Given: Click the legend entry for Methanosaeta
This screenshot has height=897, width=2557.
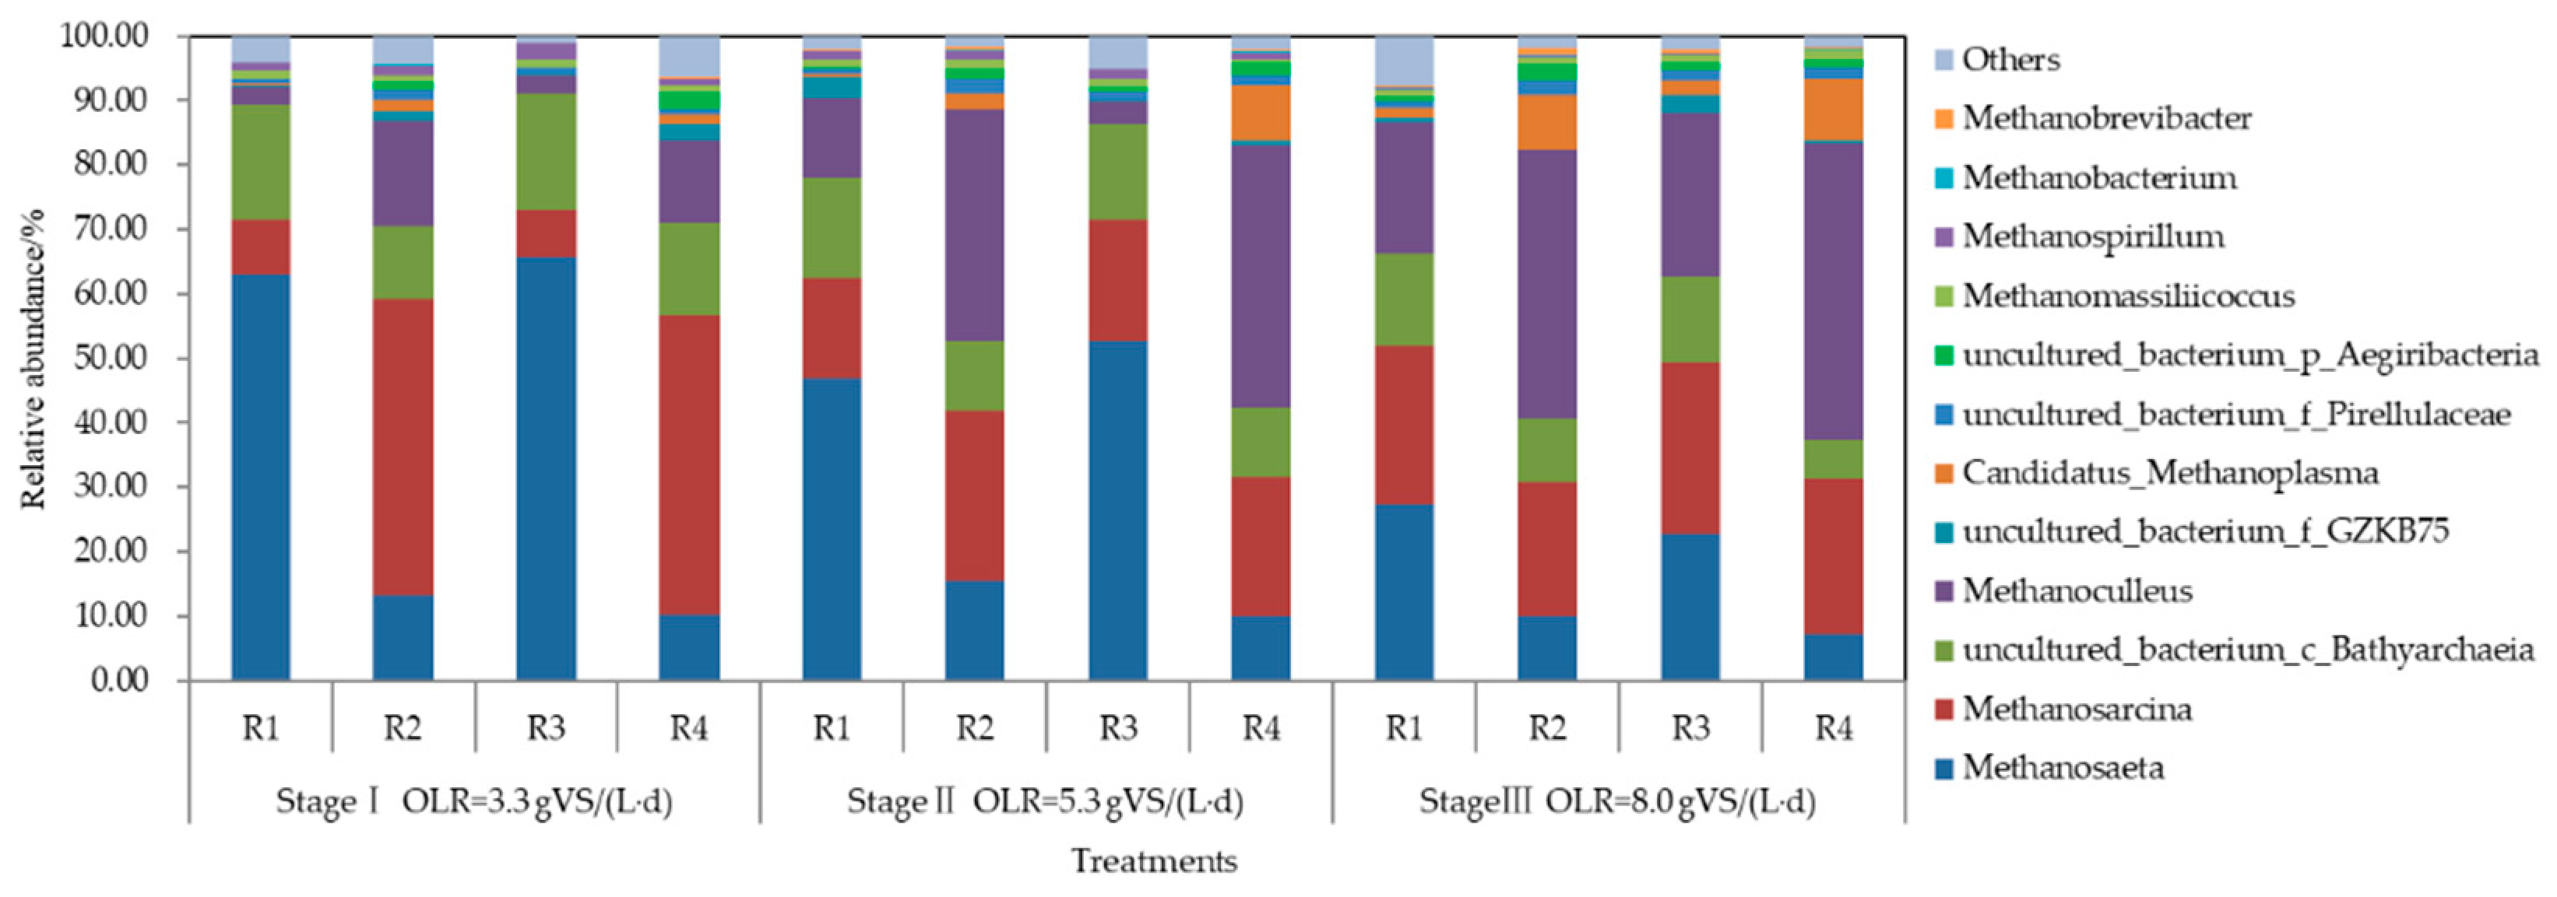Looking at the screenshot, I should (2063, 768).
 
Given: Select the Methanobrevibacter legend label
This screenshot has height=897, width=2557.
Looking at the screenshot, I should (2105, 118).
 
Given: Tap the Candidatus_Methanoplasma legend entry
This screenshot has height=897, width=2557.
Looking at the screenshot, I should (2169, 472).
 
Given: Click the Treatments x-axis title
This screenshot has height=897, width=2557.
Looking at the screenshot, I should (1153, 860).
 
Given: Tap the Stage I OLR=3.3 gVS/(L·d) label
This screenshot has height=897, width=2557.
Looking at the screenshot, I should (473, 801).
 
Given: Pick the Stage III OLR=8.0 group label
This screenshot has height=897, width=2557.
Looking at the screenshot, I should (1617, 801).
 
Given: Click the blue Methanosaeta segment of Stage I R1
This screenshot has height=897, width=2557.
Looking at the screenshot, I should (260, 476).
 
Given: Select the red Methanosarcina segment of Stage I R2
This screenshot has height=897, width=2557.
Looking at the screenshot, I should (403, 447).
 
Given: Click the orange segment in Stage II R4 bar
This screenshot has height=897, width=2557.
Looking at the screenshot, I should (1261, 112).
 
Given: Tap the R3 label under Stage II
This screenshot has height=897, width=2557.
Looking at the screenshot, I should (1117, 728).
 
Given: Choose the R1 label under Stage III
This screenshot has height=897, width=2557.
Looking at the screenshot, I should (1404, 728).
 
